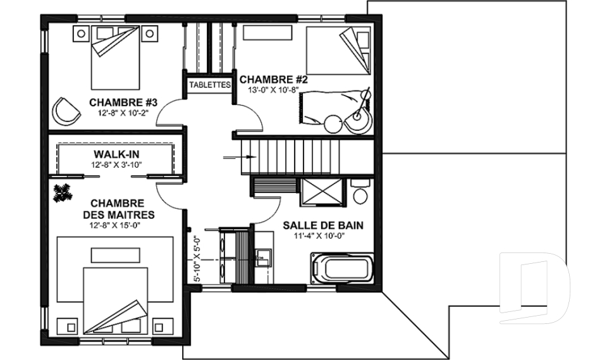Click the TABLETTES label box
pos(210,85)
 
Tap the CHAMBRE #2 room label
pos(273,80)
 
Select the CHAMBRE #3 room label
pos(123,102)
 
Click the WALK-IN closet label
pos(116,154)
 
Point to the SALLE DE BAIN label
pos(323,225)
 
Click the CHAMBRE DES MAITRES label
pos(119,209)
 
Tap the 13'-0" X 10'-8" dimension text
pos(273,90)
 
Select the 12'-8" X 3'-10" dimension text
pos(116,164)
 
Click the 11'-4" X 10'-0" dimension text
pos(319,236)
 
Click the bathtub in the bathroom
pos(342,268)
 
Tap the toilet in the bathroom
pos(360,192)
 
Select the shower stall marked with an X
pos(322,192)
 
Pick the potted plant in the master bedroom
pos(63,192)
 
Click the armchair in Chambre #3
pos(65,111)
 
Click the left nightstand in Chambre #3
pos(81,34)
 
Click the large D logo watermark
pos(534,289)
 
